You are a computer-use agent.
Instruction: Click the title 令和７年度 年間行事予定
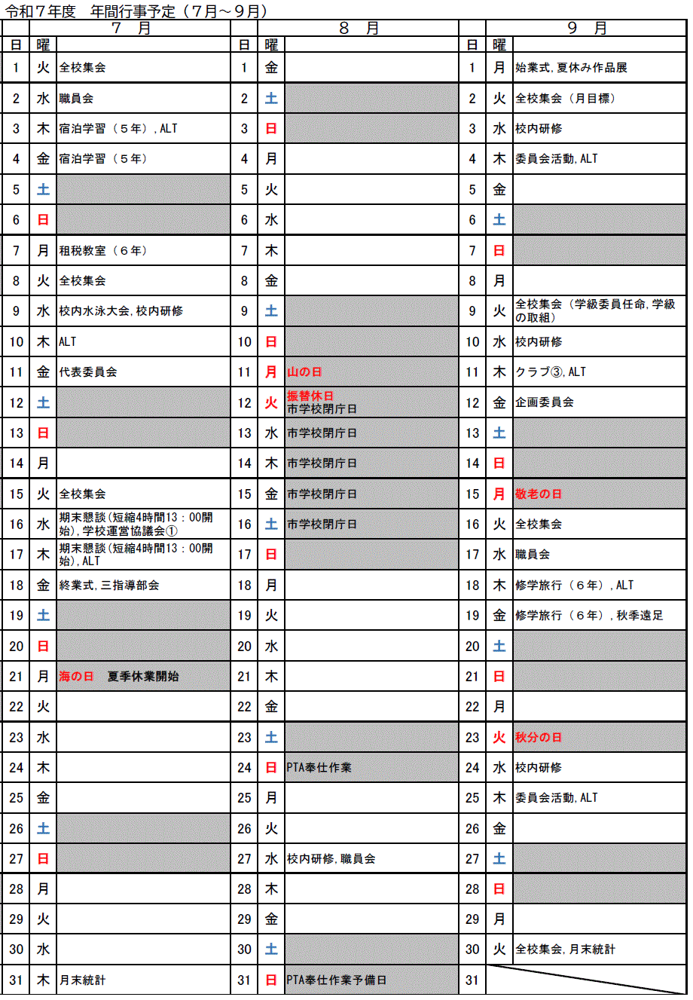click(x=136, y=11)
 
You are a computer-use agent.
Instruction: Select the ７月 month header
click(x=131, y=29)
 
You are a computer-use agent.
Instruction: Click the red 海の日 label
click(x=76, y=677)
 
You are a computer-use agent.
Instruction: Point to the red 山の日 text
click(x=304, y=372)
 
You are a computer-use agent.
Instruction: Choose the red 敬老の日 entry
click(x=539, y=494)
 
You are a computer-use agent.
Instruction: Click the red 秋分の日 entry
click(x=539, y=738)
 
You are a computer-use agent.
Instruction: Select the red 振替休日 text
click(x=310, y=396)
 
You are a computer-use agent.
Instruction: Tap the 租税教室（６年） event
click(x=104, y=251)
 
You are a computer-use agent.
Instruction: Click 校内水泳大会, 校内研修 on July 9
click(x=121, y=311)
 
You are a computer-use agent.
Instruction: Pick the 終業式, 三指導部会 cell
click(x=109, y=586)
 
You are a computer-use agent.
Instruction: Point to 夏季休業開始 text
click(x=143, y=677)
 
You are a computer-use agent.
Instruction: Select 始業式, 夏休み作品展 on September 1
click(x=571, y=68)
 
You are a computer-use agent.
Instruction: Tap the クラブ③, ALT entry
click(x=551, y=372)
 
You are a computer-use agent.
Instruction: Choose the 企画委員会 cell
click(x=545, y=402)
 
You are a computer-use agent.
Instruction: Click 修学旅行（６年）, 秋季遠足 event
click(x=589, y=616)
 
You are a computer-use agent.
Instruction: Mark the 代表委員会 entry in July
click(x=88, y=372)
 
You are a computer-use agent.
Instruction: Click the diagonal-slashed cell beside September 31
click(x=586, y=980)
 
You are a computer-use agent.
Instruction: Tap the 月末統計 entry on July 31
click(x=83, y=980)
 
